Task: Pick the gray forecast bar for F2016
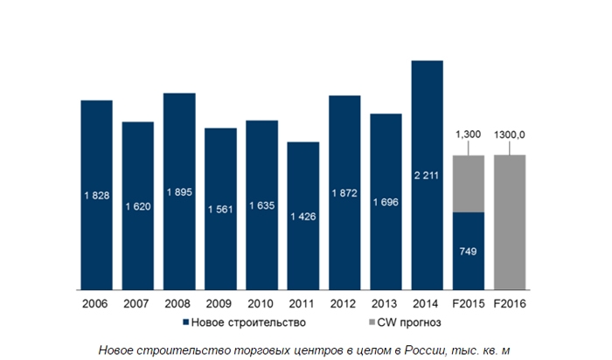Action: tap(510, 221)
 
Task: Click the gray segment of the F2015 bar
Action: tap(469, 183)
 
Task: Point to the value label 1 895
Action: tap(179, 192)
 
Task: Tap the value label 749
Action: tap(469, 251)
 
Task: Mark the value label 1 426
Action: tap(303, 216)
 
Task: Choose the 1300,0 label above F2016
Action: tap(510, 135)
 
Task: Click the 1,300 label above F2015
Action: tap(469, 135)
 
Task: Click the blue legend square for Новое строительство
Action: tap(186, 323)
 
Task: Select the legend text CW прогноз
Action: tap(382, 323)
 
